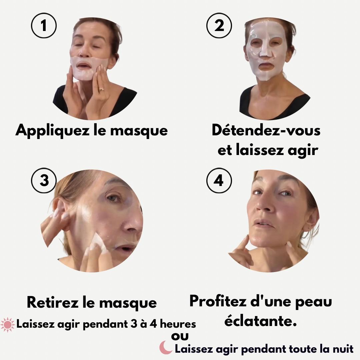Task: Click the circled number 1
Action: (44, 26)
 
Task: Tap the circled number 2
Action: (219, 26)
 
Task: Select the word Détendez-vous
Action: (266, 130)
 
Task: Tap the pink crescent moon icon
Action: (166, 347)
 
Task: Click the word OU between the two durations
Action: (180, 337)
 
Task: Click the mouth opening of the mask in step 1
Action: (85, 66)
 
